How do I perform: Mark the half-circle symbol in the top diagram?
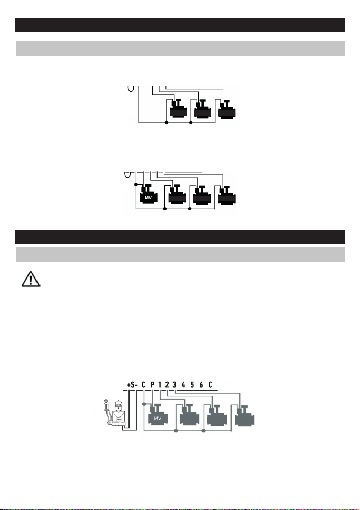(131, 87)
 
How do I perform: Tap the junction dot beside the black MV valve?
(136, 185)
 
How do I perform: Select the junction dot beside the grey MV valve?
(144, 404)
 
